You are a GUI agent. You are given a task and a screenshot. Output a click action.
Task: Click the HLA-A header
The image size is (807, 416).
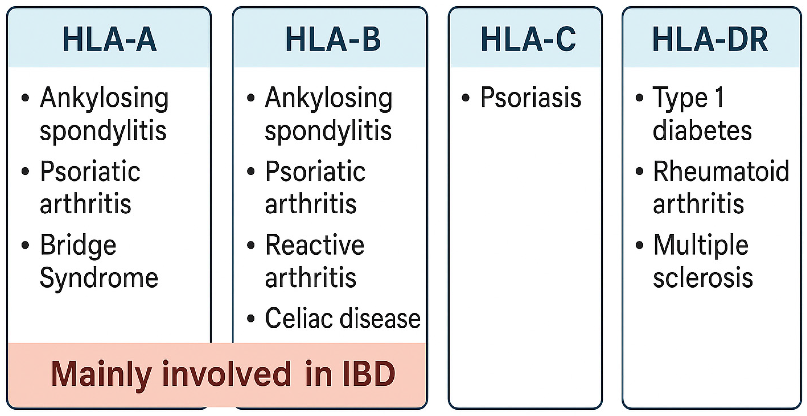(x=110, y=39)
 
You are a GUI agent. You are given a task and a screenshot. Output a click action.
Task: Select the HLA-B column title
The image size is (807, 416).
(x=333, y=39)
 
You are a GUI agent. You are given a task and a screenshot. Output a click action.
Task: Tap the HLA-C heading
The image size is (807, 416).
(x=528, y=39)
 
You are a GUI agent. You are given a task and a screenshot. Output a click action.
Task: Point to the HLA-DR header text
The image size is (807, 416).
(x=710, y=39)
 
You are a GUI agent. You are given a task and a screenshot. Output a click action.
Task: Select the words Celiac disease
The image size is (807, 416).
(x=343, y=318)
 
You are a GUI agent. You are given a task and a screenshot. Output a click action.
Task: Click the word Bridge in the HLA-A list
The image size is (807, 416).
(x=78, y=246)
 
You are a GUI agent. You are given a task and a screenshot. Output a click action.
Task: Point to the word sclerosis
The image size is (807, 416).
(x=703, y=277)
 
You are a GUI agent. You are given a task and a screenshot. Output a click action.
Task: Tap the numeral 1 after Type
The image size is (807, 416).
(x=720, y=97)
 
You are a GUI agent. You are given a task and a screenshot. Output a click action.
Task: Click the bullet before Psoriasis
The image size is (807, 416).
(x=466, y=98)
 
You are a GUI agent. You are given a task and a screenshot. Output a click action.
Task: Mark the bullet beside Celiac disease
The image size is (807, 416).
(x=251, y=318)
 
